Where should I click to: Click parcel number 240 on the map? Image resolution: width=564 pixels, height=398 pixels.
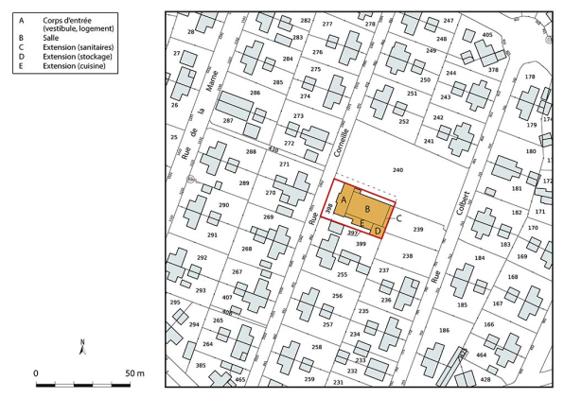397,170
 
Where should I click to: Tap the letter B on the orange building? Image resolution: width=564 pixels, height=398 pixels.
367,209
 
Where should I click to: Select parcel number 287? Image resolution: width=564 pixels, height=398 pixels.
227,122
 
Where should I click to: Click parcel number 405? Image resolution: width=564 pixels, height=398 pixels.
487,35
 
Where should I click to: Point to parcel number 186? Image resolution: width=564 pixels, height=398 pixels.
444,331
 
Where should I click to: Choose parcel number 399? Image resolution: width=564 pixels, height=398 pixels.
360,244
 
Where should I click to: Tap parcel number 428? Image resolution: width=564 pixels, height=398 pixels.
485,379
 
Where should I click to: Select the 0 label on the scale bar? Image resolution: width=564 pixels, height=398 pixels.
36,374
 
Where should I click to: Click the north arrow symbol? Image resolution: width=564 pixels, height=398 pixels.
83,346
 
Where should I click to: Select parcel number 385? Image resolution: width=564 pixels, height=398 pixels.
200,365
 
